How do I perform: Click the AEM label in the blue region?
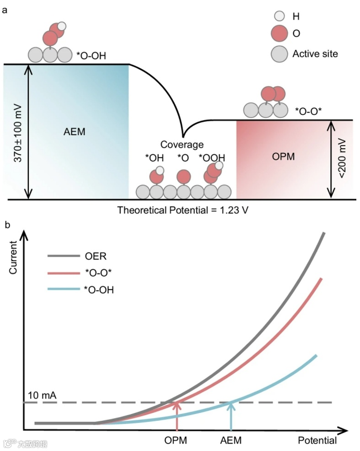[75, 132]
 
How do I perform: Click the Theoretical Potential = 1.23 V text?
[183, 211]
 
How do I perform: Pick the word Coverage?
[182, 145]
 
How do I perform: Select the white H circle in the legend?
[278, 16]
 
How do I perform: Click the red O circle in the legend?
[278, 33]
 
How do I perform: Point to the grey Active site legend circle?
[278, 54]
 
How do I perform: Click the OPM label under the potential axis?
[176, 440]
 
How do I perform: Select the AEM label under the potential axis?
[231, 440]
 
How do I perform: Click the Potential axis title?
[317, 440]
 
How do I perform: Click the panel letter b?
[7, 225]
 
